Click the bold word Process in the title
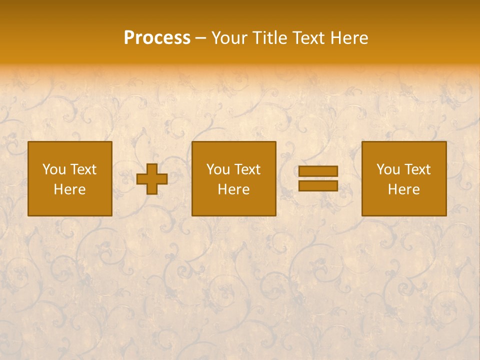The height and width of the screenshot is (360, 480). (x=157, y=38)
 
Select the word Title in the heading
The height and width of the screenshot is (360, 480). (x=268, y=38)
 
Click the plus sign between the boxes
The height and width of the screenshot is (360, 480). (x=152, y=179)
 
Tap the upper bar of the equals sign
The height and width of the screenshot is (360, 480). (x=318, y=171)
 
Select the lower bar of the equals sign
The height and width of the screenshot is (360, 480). (x=318, y=186)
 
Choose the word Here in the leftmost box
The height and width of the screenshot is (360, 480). (x=69, y=189)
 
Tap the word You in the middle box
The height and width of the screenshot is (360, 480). (x=218, y=169)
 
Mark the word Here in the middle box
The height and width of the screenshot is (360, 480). (x=233, y=189)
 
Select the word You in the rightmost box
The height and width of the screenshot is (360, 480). (x=388, y=169)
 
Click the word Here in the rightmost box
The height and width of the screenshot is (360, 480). (x=403, y=189)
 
